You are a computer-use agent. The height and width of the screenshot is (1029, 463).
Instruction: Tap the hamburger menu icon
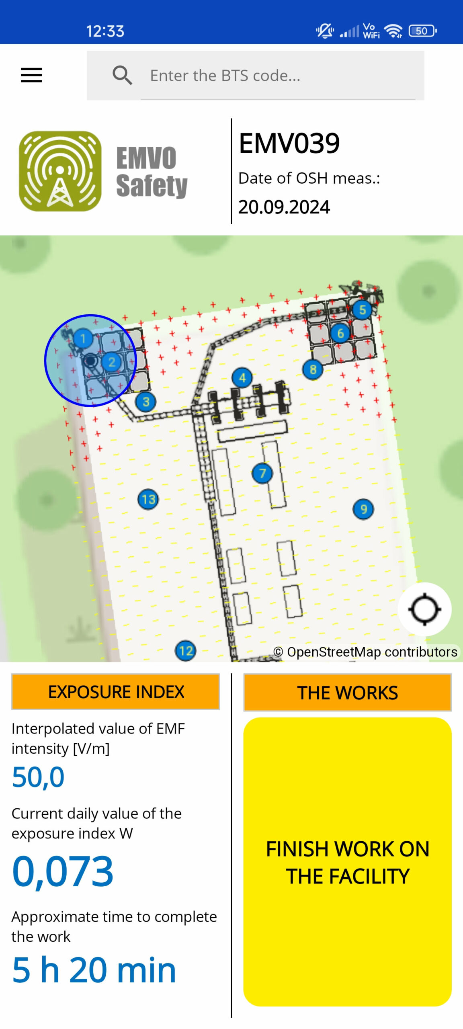(31, 75)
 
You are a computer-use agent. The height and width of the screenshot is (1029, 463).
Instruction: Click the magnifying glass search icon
(122, 75)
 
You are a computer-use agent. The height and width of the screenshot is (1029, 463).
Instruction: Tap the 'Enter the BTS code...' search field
(277, 76)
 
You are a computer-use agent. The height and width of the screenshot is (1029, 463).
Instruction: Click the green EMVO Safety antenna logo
(60, 171)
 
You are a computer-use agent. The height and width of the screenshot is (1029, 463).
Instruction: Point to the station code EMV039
(289, 143)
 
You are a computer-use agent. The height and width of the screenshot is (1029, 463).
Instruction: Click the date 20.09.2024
(284, 207)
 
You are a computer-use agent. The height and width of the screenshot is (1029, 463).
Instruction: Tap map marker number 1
(83, 338)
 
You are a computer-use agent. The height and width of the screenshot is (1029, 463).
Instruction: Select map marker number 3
(146, 402)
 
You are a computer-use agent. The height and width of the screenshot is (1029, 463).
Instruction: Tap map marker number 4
(242, 377)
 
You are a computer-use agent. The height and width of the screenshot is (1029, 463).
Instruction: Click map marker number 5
(362, 310)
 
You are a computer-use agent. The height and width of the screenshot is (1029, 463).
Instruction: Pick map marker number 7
(262, 473)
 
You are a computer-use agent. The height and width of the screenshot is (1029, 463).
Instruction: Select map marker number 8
(313, 369)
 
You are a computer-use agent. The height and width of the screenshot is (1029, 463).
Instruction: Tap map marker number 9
(363, 509)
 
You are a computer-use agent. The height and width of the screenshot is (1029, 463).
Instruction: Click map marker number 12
(186, 650)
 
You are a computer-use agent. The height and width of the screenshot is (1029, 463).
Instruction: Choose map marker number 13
(148, 500)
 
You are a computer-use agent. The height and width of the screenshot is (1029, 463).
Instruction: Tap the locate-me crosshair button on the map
(424, 609)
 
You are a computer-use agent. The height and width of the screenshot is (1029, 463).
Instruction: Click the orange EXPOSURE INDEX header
(116, 692)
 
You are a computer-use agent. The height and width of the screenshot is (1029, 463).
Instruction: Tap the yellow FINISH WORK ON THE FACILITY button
(347, 862)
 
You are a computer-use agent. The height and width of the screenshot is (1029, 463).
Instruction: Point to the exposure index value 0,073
(63, 871)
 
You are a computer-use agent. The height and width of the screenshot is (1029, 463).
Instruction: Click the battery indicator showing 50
(422, 31)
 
